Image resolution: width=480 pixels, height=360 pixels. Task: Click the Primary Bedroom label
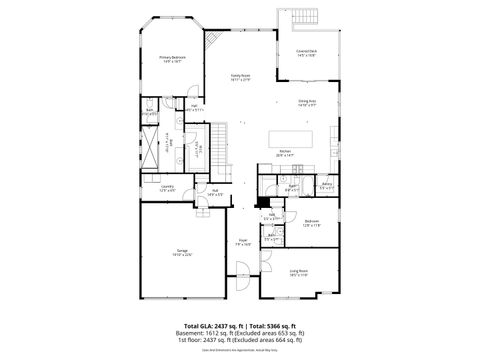point(172,59)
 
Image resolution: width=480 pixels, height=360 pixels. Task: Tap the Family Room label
point(240,76)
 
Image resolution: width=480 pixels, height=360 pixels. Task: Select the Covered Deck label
point(306,52)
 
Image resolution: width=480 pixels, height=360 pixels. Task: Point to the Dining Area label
point(307,102)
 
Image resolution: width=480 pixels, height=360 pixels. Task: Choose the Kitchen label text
point(285,153)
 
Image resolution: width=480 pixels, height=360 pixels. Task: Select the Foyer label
point(243,241)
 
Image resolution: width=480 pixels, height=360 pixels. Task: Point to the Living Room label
point(298,271)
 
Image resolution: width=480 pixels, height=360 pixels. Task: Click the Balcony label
point(326,185)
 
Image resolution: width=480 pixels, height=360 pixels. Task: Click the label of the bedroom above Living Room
point(311,223)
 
